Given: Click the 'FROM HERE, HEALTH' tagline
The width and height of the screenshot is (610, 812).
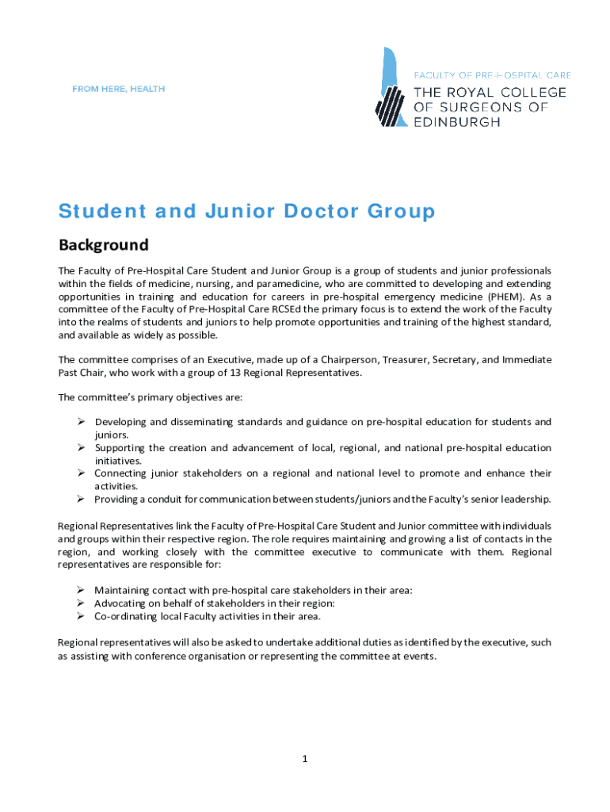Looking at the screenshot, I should [118, 89].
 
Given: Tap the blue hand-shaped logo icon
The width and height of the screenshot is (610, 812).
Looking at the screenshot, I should [390, 87].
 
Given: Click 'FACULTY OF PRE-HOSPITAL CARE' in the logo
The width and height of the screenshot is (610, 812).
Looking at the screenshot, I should [492, 75].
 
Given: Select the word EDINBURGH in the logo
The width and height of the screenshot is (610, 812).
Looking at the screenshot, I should [457, 122].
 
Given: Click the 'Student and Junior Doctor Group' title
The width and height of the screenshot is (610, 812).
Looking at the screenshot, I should [246, 212].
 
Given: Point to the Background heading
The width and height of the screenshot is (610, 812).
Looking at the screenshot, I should [103, 244].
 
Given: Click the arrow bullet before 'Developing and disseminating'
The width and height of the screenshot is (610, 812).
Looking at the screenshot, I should [81, 422].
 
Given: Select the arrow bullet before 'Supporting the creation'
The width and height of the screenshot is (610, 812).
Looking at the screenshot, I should [81, 448].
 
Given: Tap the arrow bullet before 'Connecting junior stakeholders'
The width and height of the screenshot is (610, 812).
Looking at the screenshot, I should [81, 473].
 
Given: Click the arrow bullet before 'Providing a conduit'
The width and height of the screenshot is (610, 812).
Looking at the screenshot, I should [81, 499].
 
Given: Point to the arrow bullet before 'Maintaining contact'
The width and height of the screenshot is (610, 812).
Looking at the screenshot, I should [81, 590].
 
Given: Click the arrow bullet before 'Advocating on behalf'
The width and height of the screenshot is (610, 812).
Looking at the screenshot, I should [81, 603].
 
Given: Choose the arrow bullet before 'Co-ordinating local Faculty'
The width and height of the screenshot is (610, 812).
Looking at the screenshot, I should [81, 615].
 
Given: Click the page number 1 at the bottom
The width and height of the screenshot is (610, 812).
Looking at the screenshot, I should [304, 759].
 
